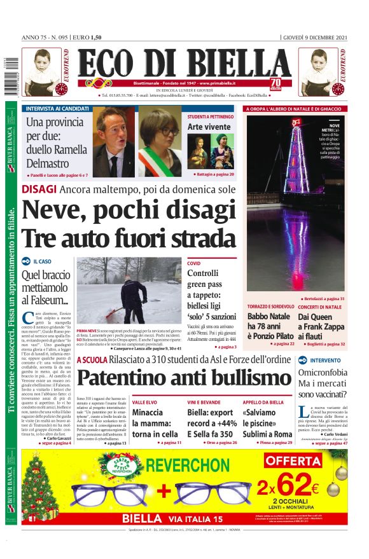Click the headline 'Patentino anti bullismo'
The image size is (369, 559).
[184, 378]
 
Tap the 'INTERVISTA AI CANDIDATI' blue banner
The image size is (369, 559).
[57, 109]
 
